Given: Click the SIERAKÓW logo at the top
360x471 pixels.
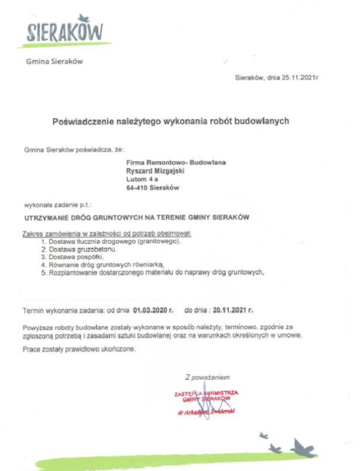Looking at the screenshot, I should point(65,30).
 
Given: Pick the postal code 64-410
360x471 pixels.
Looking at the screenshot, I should point(136,188).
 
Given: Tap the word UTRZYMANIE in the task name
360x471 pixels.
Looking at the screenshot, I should point(44,217).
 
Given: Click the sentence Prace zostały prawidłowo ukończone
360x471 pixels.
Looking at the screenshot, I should point(79,349).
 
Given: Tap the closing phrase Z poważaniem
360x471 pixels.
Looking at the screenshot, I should point(207,377).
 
